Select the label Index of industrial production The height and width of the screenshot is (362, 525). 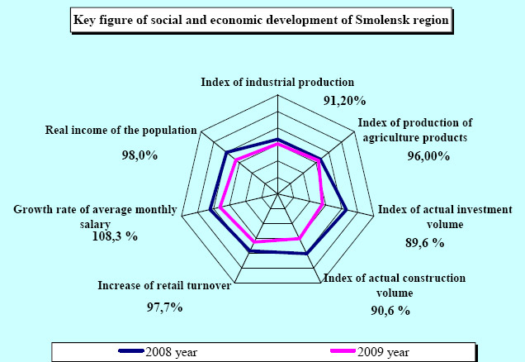(x=277, y=82)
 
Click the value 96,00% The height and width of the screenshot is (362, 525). (x=429, y=155)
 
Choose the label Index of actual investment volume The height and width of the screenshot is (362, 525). (x=445, y=216)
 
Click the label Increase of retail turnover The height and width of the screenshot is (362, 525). (x=163, y=286)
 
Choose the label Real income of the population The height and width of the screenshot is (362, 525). (x=121, y=130)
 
